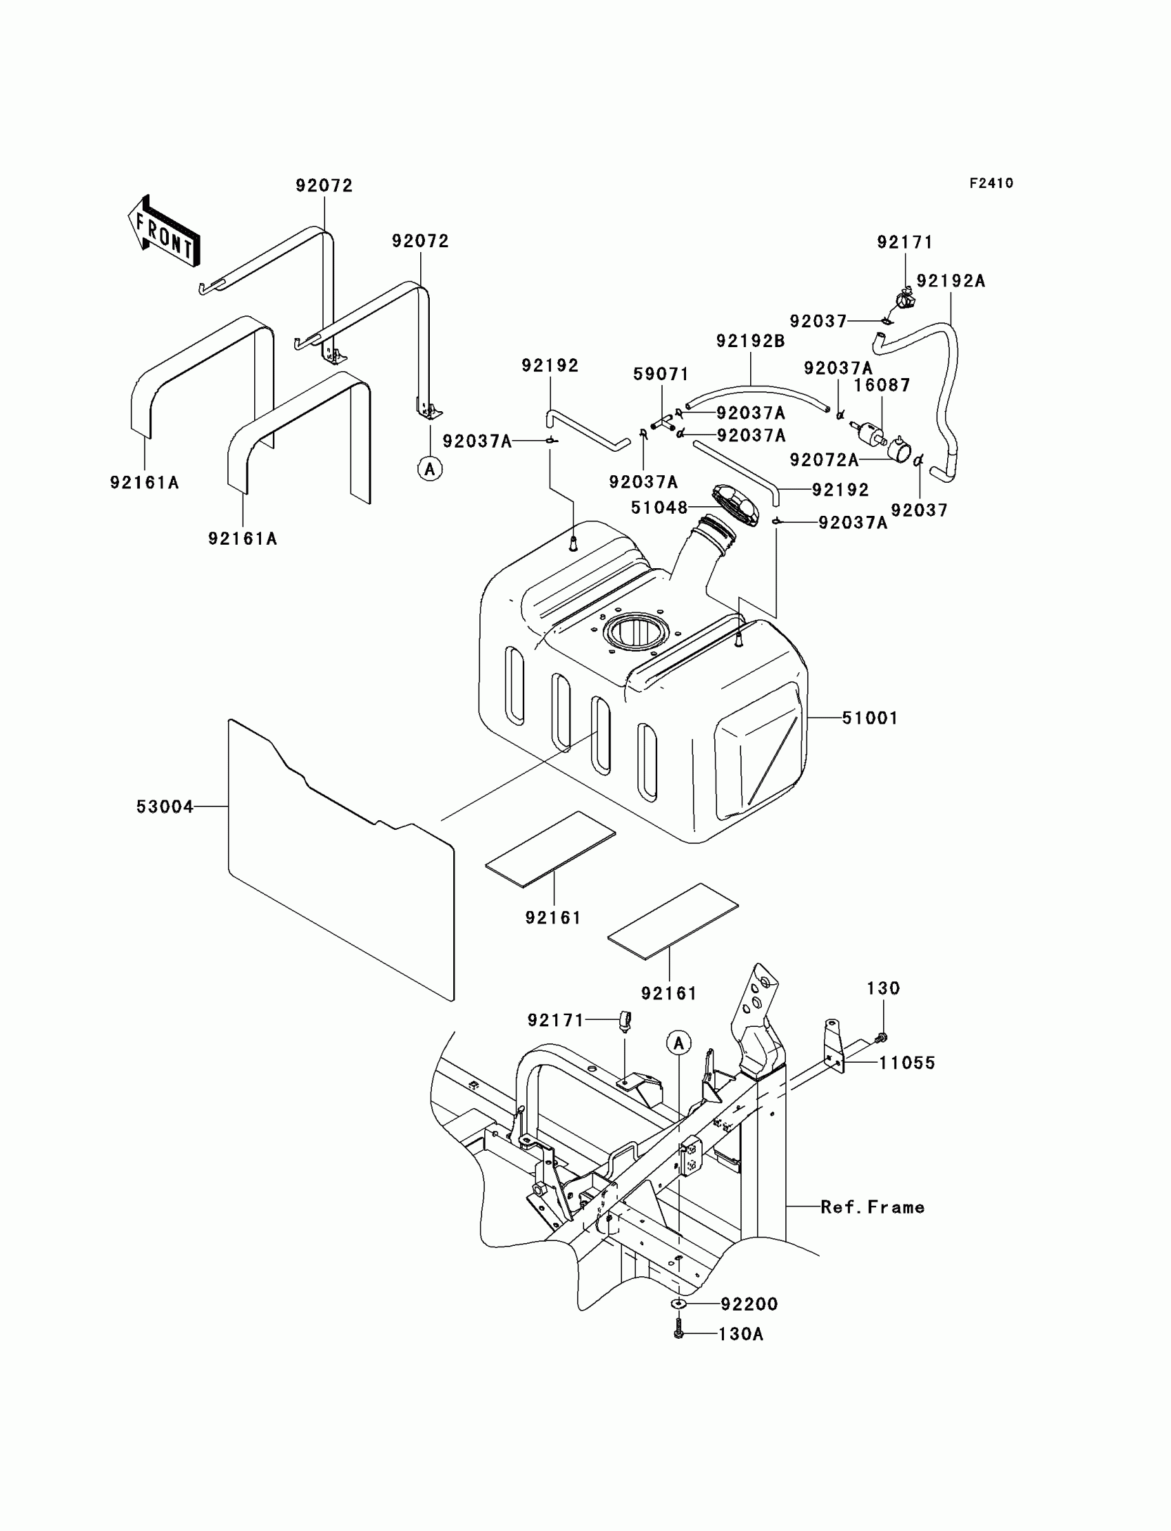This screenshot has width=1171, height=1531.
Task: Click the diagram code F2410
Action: click(x=991, y=183)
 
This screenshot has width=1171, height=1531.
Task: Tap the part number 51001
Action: click(x=870, y=718)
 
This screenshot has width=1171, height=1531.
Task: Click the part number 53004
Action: click(x=165, y=806)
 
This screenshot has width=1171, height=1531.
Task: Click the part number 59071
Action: click(x=661, y=374)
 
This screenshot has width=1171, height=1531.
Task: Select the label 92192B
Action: click(x=751, y=341)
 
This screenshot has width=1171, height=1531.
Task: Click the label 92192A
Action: click(x=951, y=281)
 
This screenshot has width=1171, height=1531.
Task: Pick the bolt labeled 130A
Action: click(x=679, y=1333)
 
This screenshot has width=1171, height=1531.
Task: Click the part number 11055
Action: click(x=906, y=1063)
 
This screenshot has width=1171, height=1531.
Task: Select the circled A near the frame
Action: click(x=678, y=1043)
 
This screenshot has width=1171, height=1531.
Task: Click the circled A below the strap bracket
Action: click(x=430, y=469)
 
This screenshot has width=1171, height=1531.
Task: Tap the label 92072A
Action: click(x=824, y=460)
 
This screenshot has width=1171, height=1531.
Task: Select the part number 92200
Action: click(x=749, y=1303)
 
